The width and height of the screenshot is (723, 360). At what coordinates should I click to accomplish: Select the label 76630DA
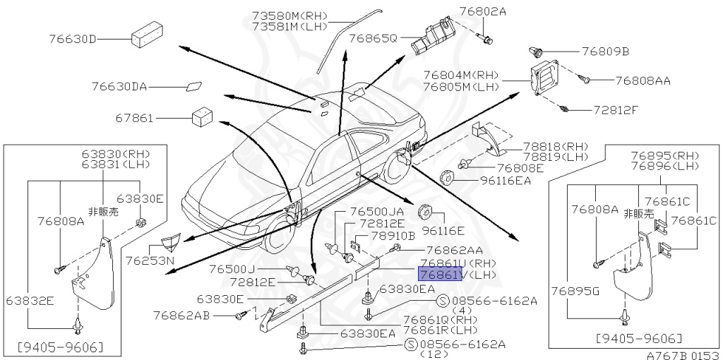click(x=119, y=87)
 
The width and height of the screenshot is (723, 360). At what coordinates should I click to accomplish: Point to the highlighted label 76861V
click(x=440, y=274)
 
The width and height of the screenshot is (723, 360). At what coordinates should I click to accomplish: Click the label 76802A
click(x=502, y=12)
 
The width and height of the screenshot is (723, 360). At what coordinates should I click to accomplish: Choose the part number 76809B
click(x=605, y=52)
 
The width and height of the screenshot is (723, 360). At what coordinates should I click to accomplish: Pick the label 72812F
click(x=615, y=110)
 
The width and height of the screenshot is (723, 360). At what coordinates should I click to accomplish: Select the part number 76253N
click(x=150, y=260)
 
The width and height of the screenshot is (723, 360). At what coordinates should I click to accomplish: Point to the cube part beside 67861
click(x=203, y=116)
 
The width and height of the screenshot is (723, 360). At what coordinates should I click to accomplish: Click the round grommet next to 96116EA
click(x=448, y=176)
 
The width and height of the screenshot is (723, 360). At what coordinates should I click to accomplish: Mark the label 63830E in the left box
click(x=140, y=198)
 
